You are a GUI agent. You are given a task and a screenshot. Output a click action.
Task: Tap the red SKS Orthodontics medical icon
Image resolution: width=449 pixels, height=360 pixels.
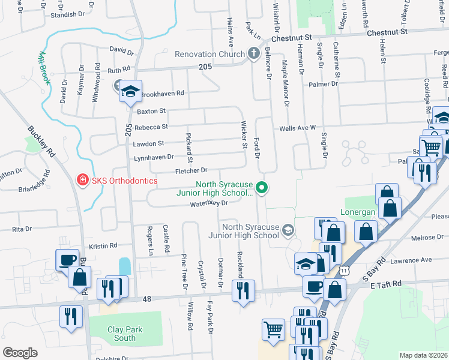point(82,180)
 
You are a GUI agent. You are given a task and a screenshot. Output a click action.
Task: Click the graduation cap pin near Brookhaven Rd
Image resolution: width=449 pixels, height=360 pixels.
point(130,92)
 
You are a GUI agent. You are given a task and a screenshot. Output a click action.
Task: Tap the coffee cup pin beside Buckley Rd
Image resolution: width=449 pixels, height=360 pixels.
point(66,260)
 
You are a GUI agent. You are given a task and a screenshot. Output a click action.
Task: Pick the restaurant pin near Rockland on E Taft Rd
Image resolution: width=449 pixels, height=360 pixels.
point(243,291)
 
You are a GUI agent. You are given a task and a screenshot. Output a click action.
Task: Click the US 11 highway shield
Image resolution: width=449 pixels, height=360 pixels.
point(343,272)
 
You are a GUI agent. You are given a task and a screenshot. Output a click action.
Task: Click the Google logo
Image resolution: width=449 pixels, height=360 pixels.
point(20,352)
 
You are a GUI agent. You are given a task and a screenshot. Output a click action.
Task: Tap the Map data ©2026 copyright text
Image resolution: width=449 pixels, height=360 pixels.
point(423,355)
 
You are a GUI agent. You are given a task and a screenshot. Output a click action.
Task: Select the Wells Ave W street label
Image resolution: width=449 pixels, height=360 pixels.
point(297,128)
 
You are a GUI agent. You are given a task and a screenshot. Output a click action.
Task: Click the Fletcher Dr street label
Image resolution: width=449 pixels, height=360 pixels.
point(191,170)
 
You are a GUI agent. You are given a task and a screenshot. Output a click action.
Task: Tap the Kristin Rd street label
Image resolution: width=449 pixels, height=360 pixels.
point(103,246)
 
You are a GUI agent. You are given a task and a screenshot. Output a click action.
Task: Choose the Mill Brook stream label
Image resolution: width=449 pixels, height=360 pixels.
point(43,67)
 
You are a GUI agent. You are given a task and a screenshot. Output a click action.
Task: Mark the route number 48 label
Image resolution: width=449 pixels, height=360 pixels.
point(147,299)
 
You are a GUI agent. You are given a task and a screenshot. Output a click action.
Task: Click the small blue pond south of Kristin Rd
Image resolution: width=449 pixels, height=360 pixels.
point(124,265)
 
